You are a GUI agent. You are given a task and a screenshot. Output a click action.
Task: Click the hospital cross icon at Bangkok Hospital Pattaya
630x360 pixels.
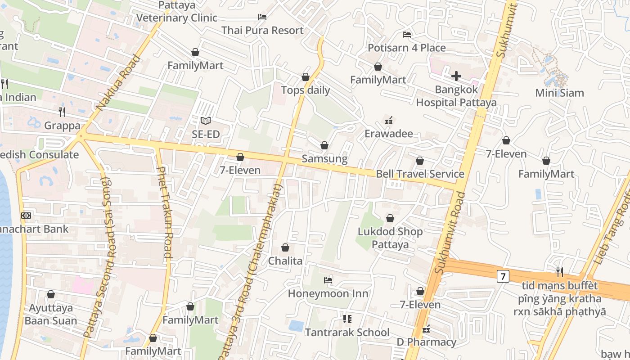pos(456,76)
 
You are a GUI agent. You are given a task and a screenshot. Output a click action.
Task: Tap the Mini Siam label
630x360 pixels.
pos(559,93)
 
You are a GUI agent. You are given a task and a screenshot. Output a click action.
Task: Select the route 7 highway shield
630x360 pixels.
pos(503,276)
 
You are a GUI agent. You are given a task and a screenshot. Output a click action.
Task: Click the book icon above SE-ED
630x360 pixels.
pos(206,121)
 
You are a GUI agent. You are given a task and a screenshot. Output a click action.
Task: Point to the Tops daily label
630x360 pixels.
pos(306,90)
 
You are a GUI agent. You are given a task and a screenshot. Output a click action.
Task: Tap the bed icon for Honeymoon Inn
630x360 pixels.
pos(328,280)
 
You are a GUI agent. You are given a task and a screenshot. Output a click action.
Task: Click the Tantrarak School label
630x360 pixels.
pos(347,333)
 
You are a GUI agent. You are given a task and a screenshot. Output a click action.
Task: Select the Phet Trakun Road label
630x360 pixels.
pos(164,212)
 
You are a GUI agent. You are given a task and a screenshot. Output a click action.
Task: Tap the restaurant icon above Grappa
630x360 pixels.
pos(62,112)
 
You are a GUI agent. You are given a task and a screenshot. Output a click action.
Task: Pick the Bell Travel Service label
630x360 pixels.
pos(420,174)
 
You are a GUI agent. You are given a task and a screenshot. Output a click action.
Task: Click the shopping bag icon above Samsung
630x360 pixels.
pos(324,145)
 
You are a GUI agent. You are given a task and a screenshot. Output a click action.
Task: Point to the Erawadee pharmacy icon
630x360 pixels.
pos(389,120)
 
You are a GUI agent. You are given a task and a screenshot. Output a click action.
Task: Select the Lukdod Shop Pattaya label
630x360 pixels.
pos(390,238)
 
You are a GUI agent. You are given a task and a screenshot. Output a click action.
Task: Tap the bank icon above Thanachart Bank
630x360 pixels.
pos(26,216)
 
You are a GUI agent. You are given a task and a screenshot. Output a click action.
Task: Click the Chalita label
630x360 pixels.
pos(285,261)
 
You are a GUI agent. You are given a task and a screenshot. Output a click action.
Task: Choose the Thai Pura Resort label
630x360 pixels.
pos(262,31)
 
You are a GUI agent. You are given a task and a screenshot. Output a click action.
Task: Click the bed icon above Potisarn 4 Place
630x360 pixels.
pos(407,34)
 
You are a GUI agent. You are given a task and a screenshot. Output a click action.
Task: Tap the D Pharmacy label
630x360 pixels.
pos(426,342)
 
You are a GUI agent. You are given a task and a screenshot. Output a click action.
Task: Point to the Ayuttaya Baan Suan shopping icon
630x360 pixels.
pos(51,294)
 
